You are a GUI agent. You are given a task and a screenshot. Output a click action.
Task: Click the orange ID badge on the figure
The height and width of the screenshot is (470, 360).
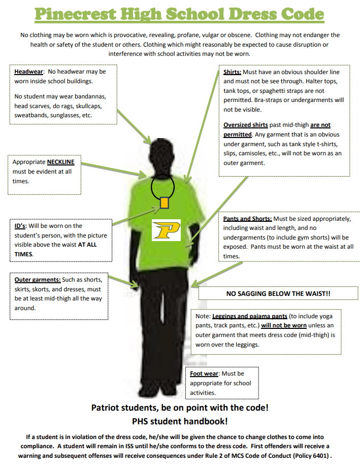tap(164, 203)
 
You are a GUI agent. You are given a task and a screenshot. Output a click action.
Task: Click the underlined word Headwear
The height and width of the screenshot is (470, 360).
tap(29, 72)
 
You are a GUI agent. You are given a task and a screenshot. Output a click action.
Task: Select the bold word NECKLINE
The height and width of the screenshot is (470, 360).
tap(60, 162)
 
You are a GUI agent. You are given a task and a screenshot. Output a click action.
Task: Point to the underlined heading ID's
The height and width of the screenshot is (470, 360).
tap(20, 226)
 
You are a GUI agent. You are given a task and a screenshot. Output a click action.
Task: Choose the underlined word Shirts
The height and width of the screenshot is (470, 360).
tap(233, 72)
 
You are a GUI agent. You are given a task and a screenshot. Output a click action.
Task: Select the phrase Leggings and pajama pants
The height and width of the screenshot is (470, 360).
tap(250, 316)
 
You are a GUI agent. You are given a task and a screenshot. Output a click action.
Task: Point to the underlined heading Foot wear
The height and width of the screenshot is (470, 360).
tap(204, 374)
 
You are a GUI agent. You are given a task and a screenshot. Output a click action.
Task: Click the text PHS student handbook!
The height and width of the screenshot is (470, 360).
tap(180, 421)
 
